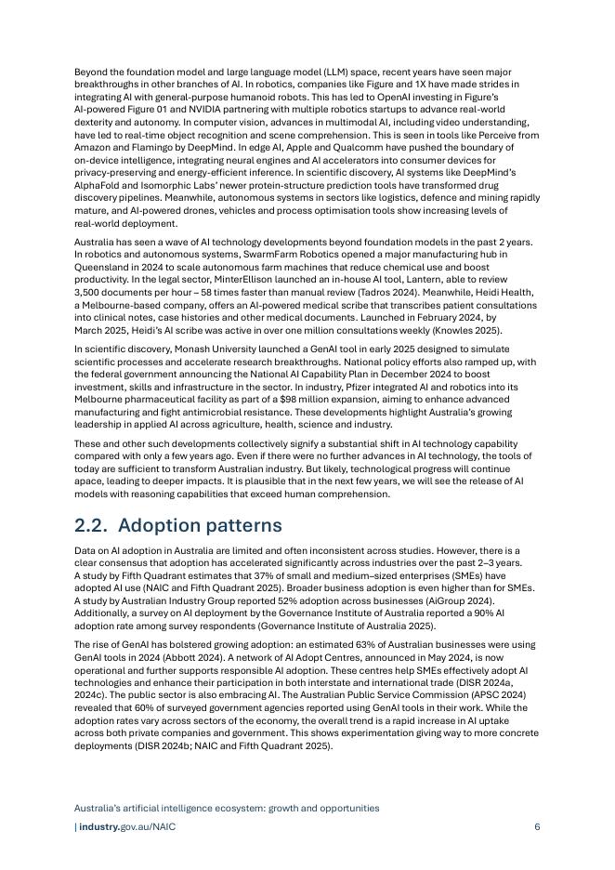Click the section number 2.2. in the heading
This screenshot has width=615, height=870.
click(94, 525)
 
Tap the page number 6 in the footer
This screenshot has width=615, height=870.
click(537, 826)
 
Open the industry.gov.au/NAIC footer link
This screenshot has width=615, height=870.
click(126, 826)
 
